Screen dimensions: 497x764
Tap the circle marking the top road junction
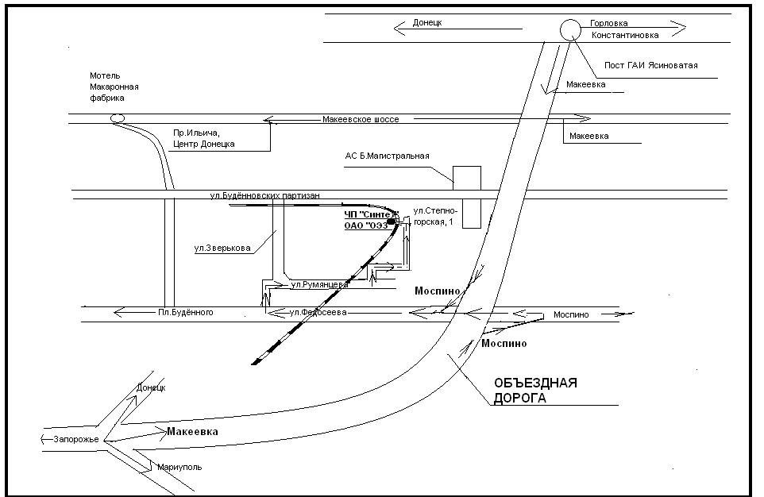[570, 30]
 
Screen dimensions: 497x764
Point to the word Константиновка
[623, 37]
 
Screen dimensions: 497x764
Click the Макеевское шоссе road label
[361, 119]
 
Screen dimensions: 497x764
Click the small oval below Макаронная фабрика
[118, 119]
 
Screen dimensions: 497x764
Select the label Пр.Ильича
[196, 133]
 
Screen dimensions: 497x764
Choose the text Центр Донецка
[203, 144]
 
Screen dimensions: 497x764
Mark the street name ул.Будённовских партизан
[265, 196]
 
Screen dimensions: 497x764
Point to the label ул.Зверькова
[222, 248]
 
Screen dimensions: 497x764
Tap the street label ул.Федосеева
[318, 313]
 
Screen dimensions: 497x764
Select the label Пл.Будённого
[186, 313]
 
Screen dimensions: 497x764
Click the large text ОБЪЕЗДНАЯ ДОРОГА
[534, 391]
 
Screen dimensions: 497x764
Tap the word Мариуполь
[179, 467]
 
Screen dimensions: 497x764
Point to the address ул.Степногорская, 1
[434, 217]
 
